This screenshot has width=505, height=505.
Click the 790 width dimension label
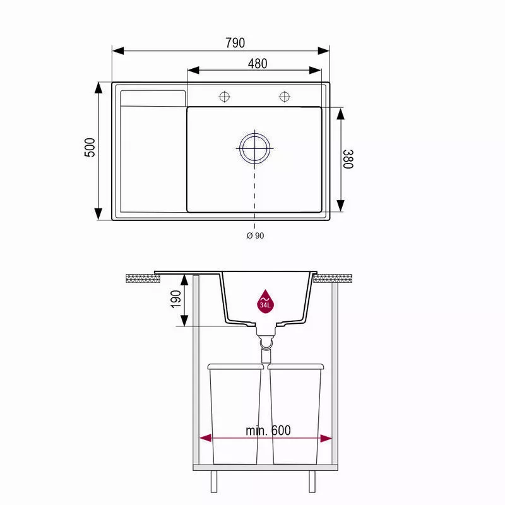click(235, 43)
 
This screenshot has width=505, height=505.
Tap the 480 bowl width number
click(258, 64)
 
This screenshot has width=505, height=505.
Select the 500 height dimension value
click(90, 148)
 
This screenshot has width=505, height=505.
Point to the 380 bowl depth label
click(348, 159)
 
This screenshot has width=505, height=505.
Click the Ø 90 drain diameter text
click(255, 235)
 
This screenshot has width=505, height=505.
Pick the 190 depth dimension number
click(176, 299)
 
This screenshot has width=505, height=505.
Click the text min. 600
click(268, 431)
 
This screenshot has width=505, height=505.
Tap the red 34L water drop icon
click(265, 301)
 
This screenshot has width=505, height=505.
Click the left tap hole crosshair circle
click(224, 97)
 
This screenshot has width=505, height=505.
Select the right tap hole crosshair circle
click(285, 97)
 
